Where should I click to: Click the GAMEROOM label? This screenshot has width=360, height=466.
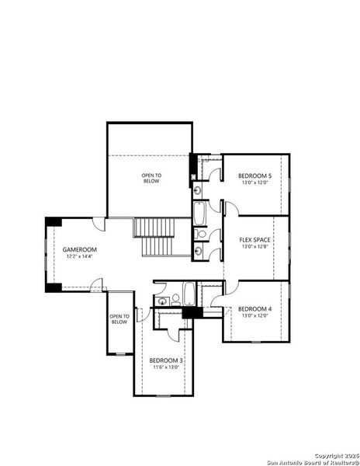(79, 249)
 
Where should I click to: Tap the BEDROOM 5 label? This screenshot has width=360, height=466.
(255, 176)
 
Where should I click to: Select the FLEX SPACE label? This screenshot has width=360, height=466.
(254, 240)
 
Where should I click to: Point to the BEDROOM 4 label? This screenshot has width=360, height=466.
(255, 308)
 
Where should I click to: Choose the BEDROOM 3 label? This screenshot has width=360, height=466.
(165, 360)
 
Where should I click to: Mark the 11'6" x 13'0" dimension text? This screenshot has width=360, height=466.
(165, 367)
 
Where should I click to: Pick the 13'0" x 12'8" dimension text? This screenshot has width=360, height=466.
(254, 247)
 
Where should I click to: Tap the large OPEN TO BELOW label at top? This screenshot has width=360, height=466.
(151, 179)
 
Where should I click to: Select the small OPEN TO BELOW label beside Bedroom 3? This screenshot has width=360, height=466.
(119, 318)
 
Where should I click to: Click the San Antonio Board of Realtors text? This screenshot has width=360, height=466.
(310, 461)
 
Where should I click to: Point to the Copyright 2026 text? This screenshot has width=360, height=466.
(335, 454)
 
